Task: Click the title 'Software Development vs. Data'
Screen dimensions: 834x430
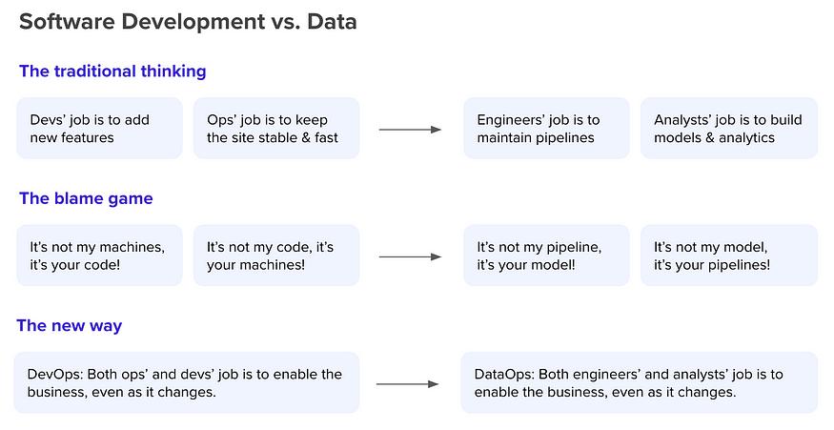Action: tap(188, 22)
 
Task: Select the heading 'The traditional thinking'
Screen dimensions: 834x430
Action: tap(112, 72)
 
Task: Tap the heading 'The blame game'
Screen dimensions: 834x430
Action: tap(86, 198)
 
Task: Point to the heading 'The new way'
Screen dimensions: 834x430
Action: tap(70, 326)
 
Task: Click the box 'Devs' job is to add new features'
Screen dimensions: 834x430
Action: tap(99, 129)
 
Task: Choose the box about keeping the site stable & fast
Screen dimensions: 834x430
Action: tap(276, 129)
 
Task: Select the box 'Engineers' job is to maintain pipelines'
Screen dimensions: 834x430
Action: tap(546, 129)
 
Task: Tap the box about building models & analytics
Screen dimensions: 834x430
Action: tap(729, 129)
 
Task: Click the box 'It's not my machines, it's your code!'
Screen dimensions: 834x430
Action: tap(99, 256)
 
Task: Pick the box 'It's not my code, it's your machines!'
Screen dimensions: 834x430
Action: tap(276, 256)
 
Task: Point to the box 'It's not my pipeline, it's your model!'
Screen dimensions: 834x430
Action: tap(546, 256)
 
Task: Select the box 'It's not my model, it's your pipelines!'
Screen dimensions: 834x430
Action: tap(729, 256)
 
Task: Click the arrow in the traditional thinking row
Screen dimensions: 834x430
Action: tap(410, 130)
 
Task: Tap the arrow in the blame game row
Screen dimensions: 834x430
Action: tap(410, 256)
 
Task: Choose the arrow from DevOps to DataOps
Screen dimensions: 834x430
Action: tap(407, 383)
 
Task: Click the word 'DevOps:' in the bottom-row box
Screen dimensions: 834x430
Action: tap(55, 374)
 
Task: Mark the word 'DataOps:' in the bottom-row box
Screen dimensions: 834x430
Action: tap(503, 374)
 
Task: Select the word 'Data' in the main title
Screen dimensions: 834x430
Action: tap(332, 22)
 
